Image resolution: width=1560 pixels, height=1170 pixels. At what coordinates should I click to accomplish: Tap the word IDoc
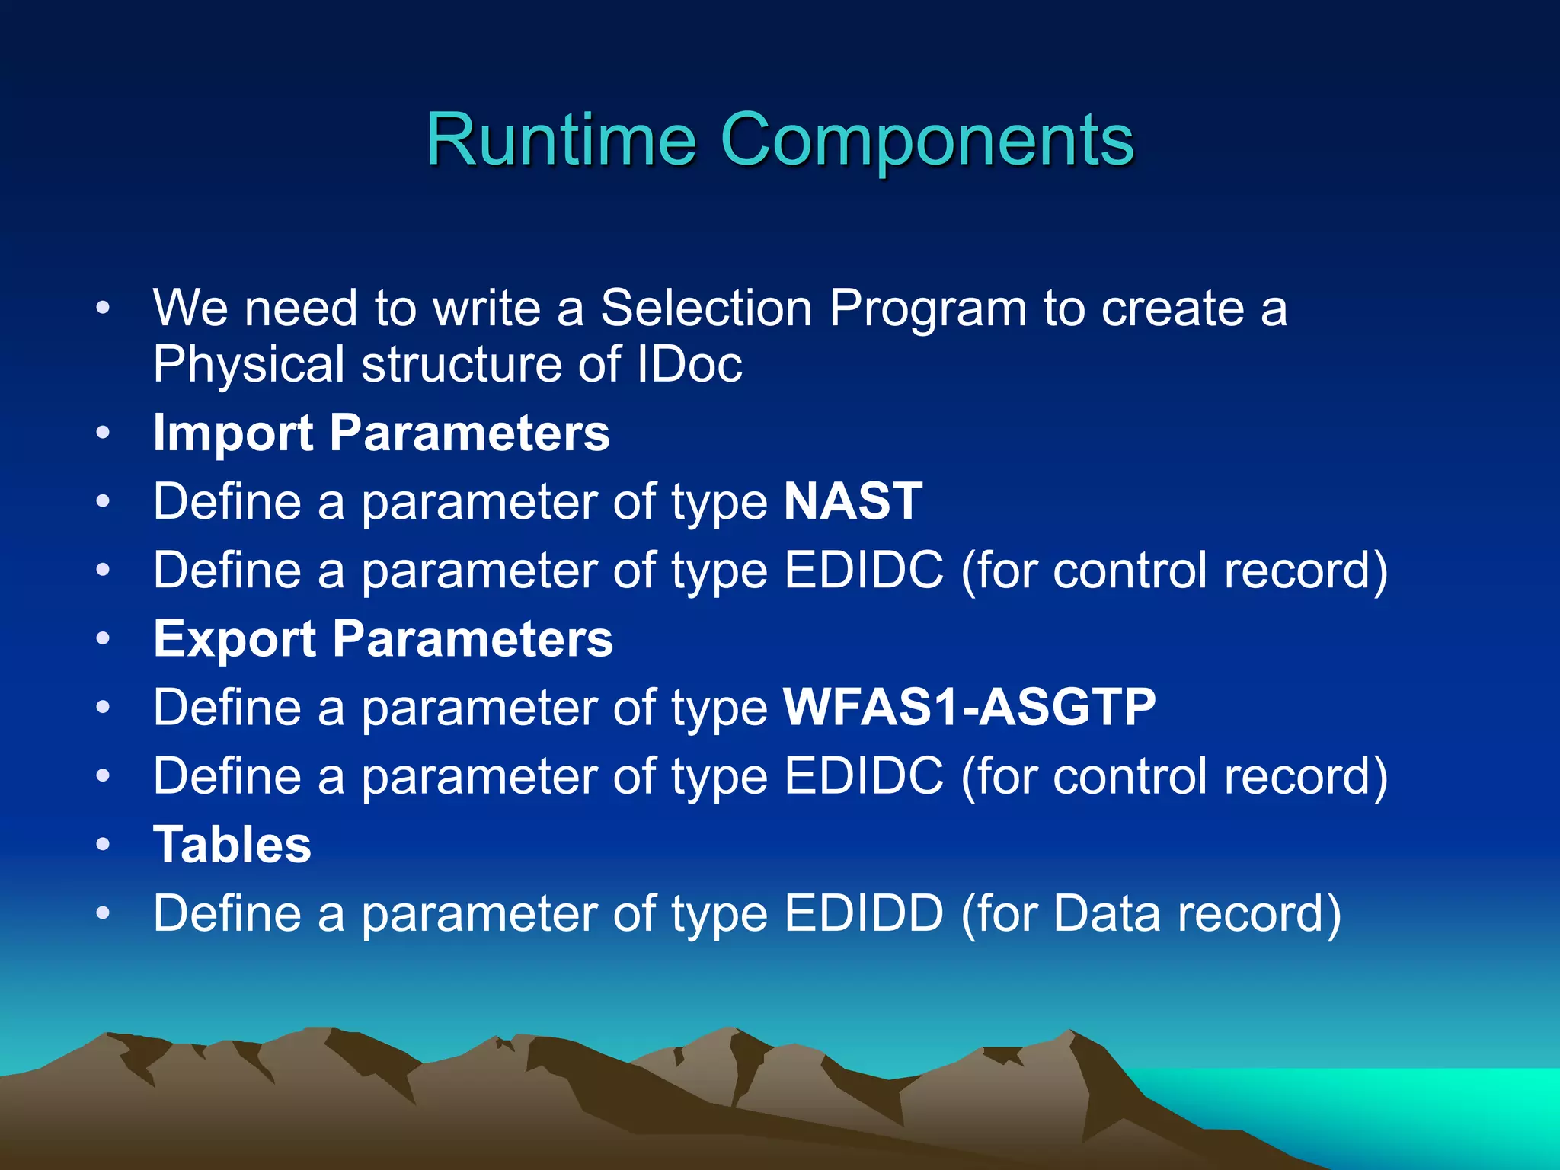[689, 364]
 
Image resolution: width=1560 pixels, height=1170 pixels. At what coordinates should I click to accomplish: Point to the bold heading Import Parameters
[381, 433]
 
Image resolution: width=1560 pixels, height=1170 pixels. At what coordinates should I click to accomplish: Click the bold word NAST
[853, 501]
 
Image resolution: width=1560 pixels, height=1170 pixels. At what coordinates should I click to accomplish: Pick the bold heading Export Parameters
[382, 638]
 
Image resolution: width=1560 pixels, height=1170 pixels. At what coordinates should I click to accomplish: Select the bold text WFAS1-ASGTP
[969, 707]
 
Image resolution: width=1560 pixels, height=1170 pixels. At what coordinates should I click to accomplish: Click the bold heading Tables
[232, 844]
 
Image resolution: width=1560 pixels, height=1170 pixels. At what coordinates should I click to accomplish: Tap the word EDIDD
[863, 913]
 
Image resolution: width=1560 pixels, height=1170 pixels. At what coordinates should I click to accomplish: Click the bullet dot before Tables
[104, 845]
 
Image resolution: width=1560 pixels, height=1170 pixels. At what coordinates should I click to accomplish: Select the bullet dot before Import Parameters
[104, 433]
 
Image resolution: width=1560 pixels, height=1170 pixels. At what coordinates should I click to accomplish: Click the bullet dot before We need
[104, 308]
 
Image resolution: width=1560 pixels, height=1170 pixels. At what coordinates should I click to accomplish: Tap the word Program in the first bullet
[928, 309]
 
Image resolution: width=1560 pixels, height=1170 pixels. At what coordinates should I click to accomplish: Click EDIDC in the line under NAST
[863, 570]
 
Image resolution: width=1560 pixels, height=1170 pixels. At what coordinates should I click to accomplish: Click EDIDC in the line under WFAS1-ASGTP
[863, 775]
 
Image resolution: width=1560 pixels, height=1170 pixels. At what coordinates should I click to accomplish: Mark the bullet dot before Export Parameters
[104, 639]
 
